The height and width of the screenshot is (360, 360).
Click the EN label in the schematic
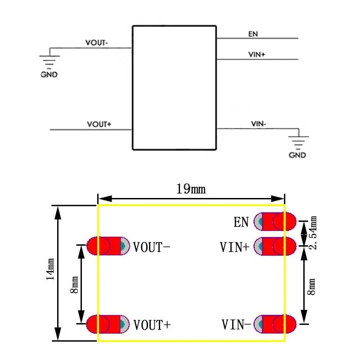[x=253, y=34]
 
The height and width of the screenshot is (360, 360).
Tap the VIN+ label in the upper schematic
[x=257, y=54]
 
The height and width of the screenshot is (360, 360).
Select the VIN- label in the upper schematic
[x=258, y=124]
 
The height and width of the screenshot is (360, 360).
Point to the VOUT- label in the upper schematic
[x=97, y=43]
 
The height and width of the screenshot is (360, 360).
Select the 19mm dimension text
[x=190, y=189]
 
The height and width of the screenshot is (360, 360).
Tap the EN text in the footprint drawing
[x=241, y=222]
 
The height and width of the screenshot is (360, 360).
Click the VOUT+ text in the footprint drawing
[x=152, y=324]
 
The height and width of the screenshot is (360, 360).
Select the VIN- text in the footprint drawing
[x=236, y=324]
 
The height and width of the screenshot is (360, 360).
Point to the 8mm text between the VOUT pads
[x=74, y=285]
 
